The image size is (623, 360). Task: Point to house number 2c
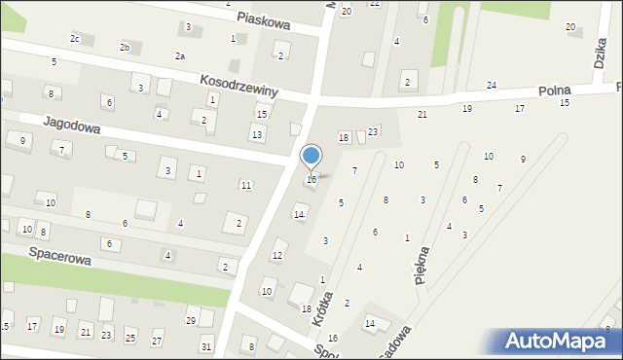point(75,38)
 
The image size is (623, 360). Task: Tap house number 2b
point(125,48)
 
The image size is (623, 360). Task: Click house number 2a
point(179,56)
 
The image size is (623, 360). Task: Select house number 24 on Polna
point(492,86)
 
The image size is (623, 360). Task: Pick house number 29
point(191,320)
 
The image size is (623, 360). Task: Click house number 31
point(205,346)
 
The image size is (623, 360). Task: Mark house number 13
point(256,133)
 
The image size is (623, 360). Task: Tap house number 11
point(246,185)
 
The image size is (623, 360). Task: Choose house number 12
point(277,256)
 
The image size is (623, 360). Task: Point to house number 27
point(156,341)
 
